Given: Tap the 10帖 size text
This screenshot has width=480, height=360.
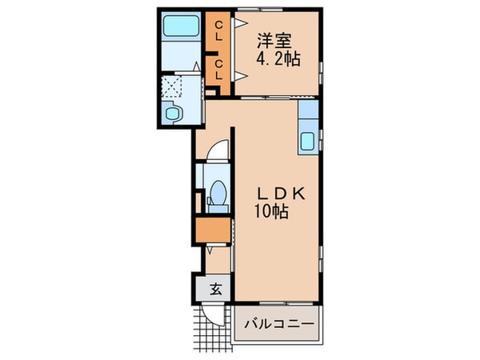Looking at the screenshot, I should click(x=271, y=212).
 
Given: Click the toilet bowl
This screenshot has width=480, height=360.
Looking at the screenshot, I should click(x=216, y=194).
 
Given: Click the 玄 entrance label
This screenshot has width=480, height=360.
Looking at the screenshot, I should click(x=215, y=289).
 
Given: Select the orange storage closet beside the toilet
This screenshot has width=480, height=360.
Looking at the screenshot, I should click(x=211, y=232).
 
